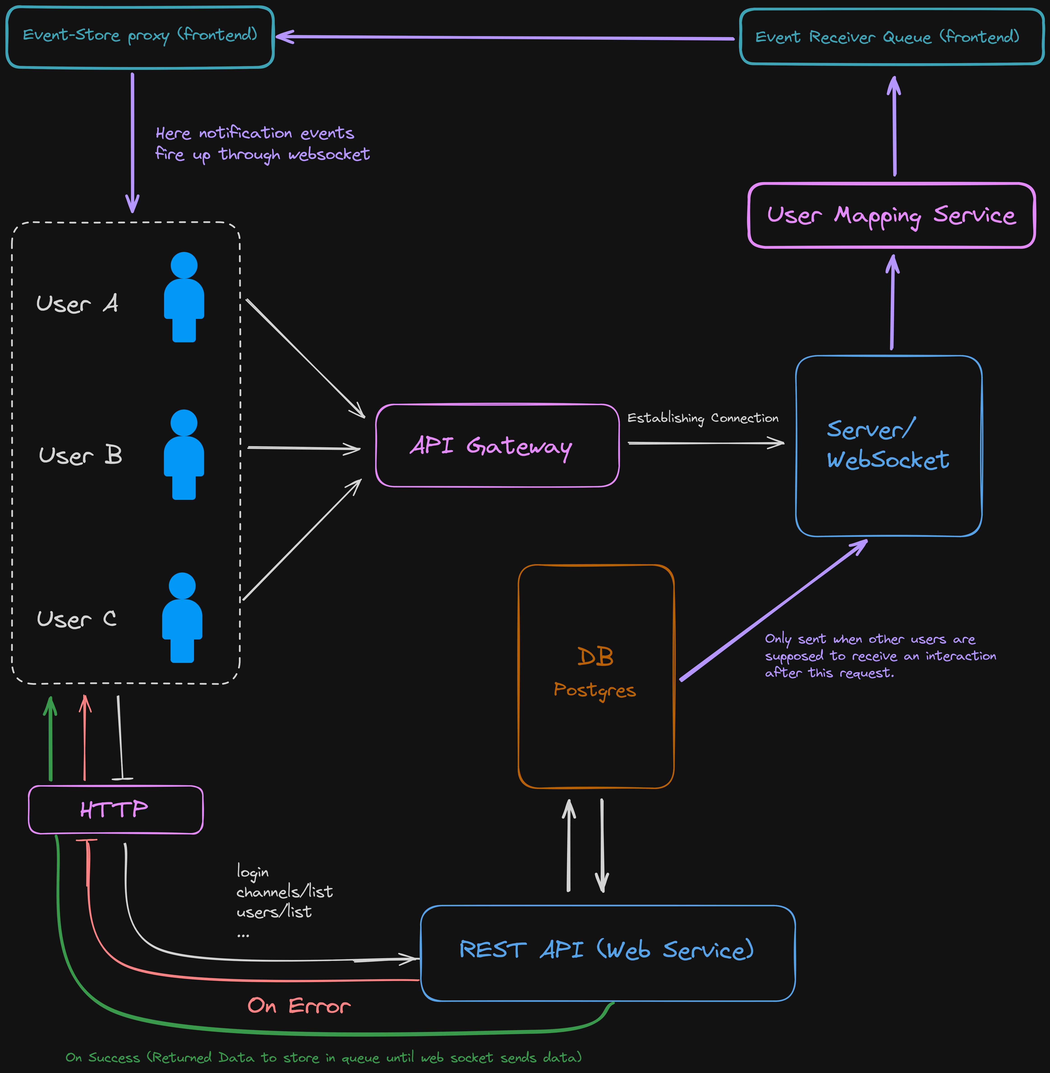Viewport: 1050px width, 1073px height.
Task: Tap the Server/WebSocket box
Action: tap(888, 445)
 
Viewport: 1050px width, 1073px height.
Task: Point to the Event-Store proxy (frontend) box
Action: tap(140, 36)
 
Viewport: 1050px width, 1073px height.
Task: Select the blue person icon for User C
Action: tap(182, 618)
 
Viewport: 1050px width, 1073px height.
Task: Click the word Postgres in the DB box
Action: tap(595, 690)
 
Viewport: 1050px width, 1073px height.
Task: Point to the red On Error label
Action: tap(299, 1006)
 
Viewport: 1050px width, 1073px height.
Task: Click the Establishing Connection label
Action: tap(703, 418)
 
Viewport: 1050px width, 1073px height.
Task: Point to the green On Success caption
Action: tap(323, 1057)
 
